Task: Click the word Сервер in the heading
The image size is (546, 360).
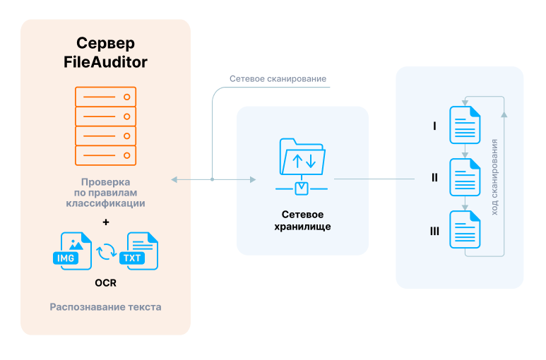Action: [105, 43]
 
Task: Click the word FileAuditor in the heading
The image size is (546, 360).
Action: [105, 62]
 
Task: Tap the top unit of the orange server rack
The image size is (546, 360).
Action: [105, 96]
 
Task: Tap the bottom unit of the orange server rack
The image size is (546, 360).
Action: [105, 155]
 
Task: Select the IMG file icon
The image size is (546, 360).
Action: [71, 251]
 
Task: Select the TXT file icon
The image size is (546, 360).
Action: [139, 251]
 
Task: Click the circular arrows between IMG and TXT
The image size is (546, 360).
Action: [105, 251]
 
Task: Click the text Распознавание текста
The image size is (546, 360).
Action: [105, 307]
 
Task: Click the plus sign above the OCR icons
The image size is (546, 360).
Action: [106, 222]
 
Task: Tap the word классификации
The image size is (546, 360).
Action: [106, 203]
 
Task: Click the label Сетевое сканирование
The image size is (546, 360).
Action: [278, 79]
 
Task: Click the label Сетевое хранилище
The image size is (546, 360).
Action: [302, 220]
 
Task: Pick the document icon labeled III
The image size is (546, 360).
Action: [465, 229]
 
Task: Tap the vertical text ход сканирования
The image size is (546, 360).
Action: [494, 176]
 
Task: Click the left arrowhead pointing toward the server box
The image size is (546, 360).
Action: [174, 180]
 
